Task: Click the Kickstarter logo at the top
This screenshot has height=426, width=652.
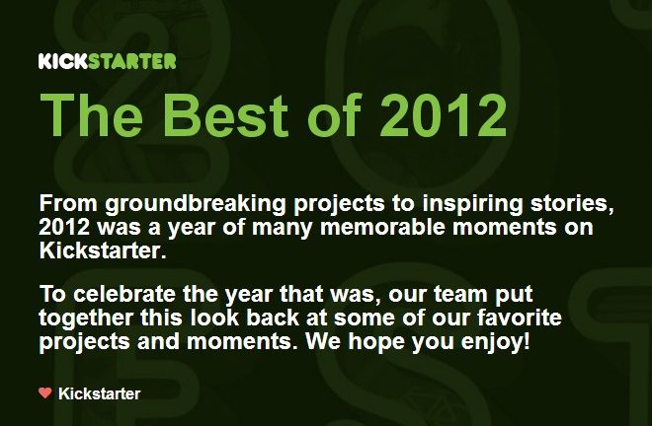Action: pyautogui.click(x=108, y=61)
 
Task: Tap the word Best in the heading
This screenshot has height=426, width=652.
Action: pyautogui.click(x=225, y=115)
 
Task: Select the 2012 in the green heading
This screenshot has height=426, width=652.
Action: pyautogui.click(x=443, y=115)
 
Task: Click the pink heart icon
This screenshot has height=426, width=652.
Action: pyautogui.click(x=44, y=392)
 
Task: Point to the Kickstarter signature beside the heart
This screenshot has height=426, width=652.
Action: pyautogui.click(x=100, y=393)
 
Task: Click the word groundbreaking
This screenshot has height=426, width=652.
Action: pyautogui.click(x=196, y=204)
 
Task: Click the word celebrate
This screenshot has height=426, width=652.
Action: pyautogui.click(x=124, y=294)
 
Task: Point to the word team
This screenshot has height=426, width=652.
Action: pyautogui.click(x=460, y=295)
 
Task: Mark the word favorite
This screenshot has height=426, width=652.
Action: pyautogui.click(x=520, y=318)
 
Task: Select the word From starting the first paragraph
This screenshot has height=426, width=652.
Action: pyautogui.click(x=68, y=203)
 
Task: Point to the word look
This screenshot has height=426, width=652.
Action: pyautogui.click(x=215, y=318)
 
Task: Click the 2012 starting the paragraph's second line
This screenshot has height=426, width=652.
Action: pyautogui.click(x=64, y=227)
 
